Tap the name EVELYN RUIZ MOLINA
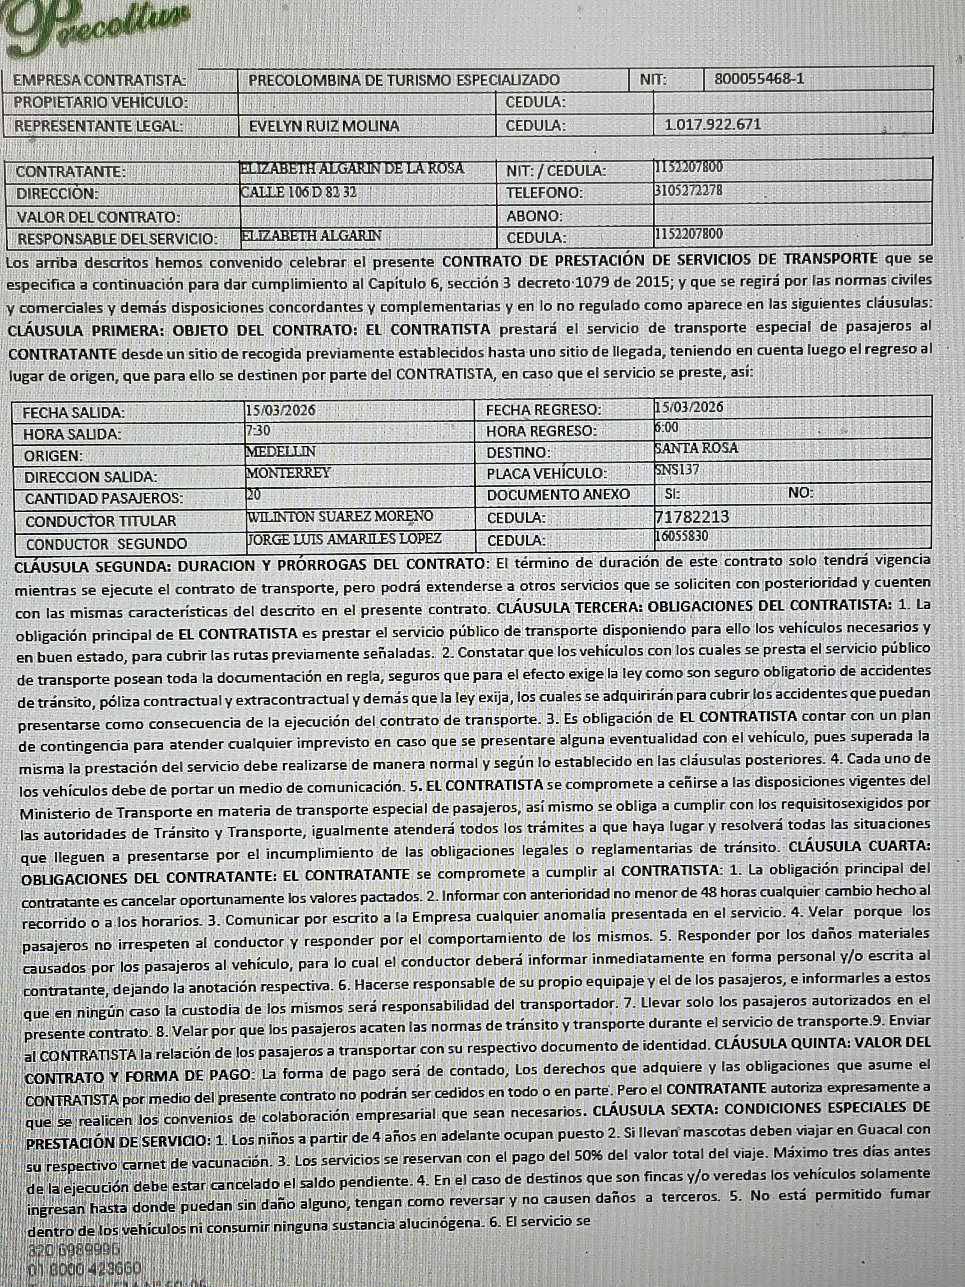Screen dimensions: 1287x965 point(324,126)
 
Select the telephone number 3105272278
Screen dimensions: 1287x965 point(688,190)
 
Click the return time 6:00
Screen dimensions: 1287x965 point(666,428)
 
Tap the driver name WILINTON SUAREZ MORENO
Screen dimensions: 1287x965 point(340,516)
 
